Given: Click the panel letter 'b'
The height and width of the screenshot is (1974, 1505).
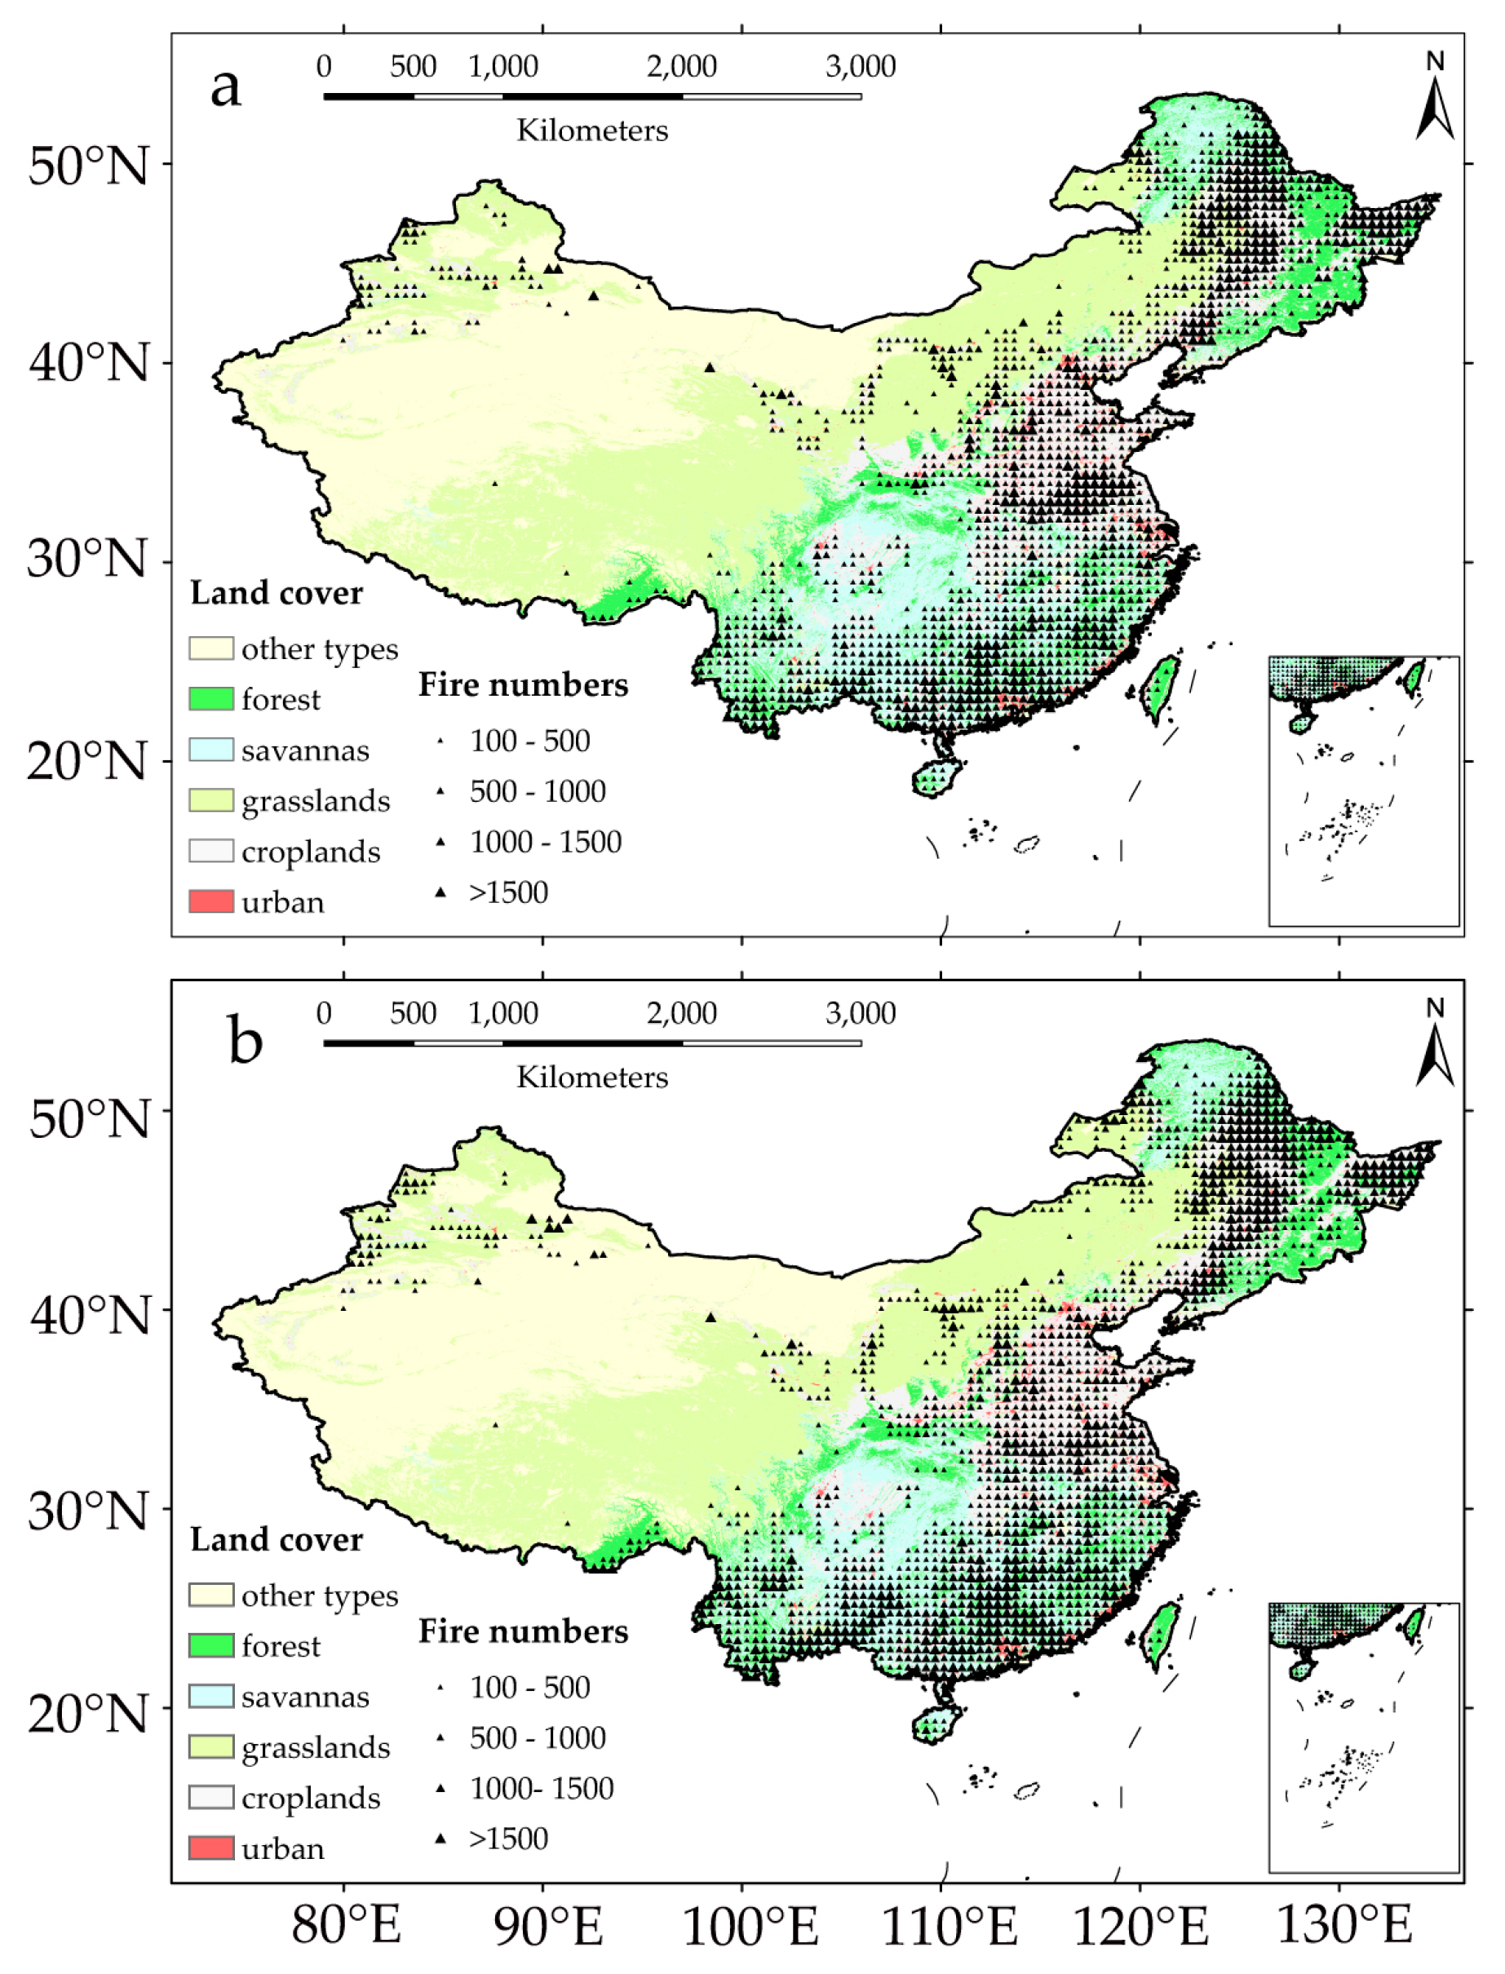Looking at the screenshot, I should pos(245,1040).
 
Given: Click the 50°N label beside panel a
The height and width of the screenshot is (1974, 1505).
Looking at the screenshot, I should pos(88,166).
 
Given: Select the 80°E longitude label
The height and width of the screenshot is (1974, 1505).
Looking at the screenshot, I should pos(346,1925).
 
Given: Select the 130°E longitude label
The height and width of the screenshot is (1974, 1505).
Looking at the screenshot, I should pos(1343,1925).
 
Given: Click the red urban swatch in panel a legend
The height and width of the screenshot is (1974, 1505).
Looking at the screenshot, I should pos(211,902).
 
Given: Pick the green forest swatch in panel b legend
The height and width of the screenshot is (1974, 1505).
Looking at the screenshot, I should pos(211,1645).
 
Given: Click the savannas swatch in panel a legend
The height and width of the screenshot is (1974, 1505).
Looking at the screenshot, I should pos(211,750).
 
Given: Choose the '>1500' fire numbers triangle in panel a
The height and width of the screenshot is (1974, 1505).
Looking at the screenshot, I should pos(440,892).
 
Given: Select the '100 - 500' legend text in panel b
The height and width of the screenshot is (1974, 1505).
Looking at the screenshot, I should pos(529,1688).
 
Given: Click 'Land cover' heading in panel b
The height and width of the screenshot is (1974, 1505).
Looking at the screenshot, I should pos(276,1539).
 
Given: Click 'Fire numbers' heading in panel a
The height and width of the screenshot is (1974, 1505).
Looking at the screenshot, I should pos(523,685).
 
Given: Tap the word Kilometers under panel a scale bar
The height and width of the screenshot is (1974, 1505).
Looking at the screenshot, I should pos(592,131).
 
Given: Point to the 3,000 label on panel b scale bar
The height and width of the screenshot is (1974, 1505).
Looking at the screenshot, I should pos(860,1013).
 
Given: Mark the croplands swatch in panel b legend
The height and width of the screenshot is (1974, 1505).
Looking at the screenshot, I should pos(211,1798).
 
